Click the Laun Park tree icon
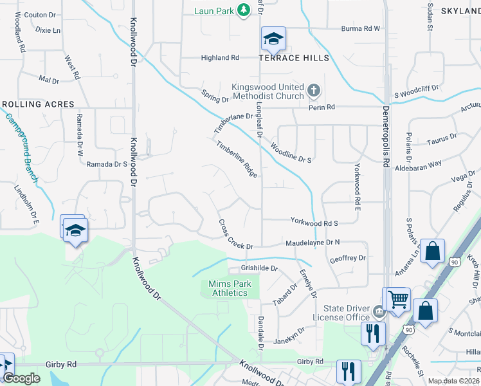coord(244,10)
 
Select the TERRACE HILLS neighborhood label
coord(294,58)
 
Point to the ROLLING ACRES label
coord(38,104)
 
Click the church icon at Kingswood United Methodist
coord(313,90)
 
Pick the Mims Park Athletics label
coord(228,289)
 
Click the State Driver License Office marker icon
coord(379,313)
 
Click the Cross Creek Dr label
coord(236,234)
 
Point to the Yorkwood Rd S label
coord(314,223)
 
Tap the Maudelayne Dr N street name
coord(312,243)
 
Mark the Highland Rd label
coord(220,58)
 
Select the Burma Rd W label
coord(361,28)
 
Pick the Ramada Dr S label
coord(107,164)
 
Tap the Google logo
coord(21,378)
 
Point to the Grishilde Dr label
coord(259,268)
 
